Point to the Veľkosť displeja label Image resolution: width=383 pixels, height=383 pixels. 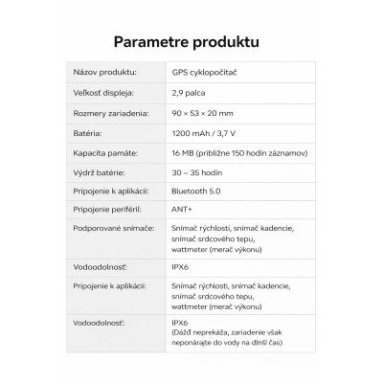[103, 93]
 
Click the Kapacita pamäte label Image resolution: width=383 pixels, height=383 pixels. [105, 152]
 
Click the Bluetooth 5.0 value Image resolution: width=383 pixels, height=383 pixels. [198, 191]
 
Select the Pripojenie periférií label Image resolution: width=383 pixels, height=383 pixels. [106, 212]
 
